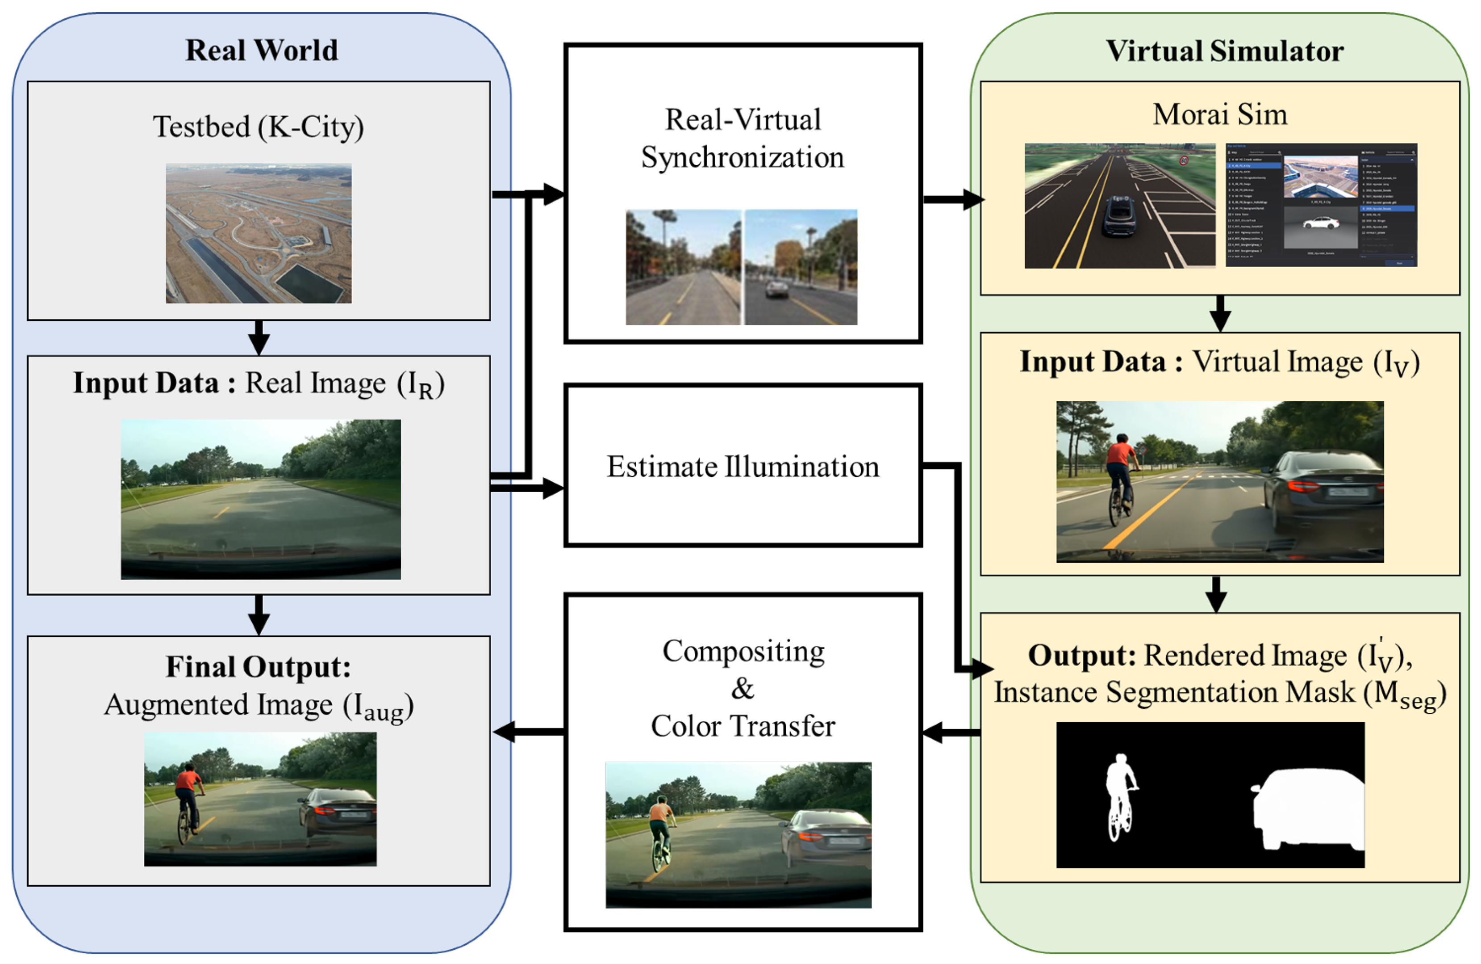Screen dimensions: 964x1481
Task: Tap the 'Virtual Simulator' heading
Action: (x=1224, y=51)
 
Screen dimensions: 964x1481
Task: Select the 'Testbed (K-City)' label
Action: (x=258, y=127)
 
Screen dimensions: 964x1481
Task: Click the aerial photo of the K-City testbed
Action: (x=258, y=234)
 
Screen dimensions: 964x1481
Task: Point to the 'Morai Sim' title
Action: (x=1220, y=114)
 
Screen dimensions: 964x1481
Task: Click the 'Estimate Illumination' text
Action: (x=743, y=467)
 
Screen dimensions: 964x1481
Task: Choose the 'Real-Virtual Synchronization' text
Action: (x=743, y=138)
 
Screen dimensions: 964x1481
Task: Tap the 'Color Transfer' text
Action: (x=743, y=726)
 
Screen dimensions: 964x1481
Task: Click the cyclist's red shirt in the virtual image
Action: (x=1121, y=453)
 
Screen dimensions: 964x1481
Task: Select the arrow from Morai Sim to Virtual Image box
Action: (x=1220, y=314)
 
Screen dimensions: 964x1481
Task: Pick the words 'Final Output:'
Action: (x=258, y=667)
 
